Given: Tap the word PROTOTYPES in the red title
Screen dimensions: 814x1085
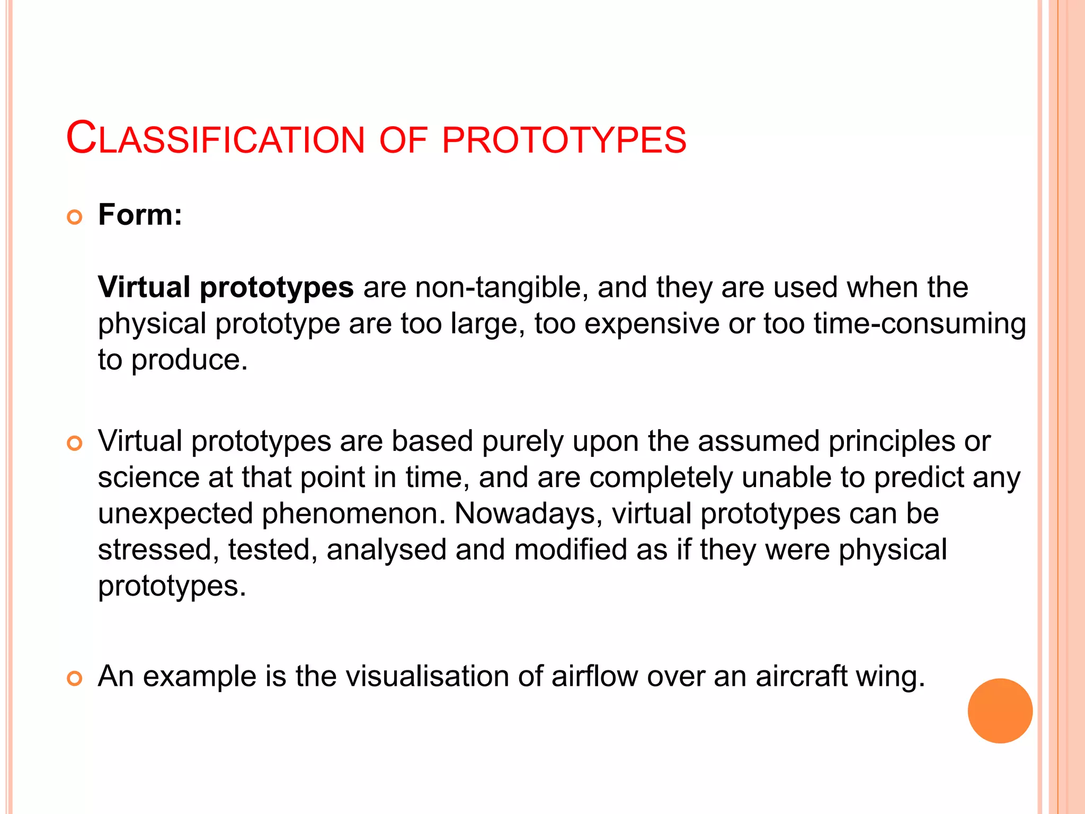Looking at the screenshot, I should pyautogui.click(x=564, y=140).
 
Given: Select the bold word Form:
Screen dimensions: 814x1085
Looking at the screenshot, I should pyautogui.click(x=140, y=215).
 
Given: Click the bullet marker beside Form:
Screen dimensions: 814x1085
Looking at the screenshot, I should pyautogui.click(x=75, y=217).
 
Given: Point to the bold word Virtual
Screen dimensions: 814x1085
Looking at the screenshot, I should pyautogui.click(x=144, y=287).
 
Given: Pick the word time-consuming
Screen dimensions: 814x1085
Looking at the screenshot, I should pyautogui.click(x=920, y=324).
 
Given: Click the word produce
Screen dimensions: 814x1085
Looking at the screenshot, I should pyautogui.click(x=189, y=360).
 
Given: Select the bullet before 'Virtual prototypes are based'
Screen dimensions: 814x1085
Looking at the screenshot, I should pyautogui.click(x=75, y=443).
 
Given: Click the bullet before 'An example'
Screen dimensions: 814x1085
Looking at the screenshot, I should pyautogui.click(x=75, y=678).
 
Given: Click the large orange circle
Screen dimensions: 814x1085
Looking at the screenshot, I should pyautogui.click(x=1000, y=711).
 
